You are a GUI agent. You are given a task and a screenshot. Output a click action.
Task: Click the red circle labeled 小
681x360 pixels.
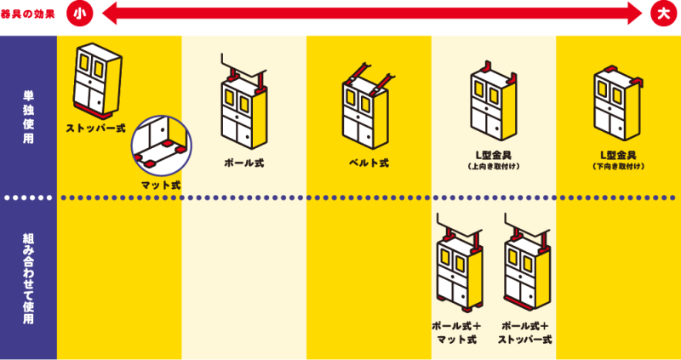(x=80, y=13)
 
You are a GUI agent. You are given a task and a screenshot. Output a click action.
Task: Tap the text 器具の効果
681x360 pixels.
(x=31, y=13)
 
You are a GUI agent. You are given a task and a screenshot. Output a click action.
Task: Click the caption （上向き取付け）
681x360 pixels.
(x=493, y=167)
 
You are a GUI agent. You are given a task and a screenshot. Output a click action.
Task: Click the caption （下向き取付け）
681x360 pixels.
(x=618, y=167)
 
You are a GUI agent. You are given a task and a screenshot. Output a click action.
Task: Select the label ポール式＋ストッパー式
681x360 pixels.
(x=525, y=333)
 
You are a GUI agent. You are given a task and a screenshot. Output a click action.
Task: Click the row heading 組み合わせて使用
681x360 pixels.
(x=28, y=281)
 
